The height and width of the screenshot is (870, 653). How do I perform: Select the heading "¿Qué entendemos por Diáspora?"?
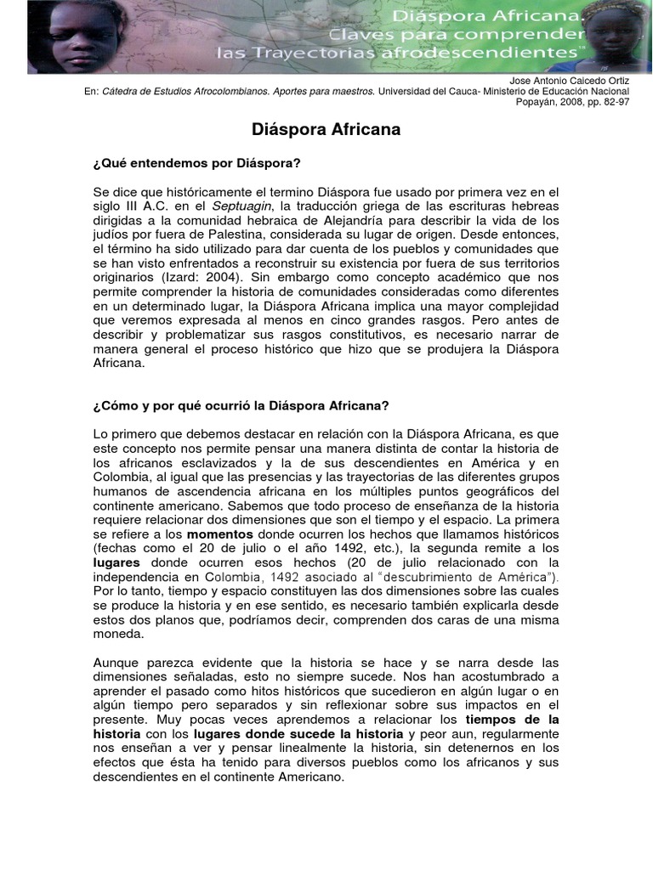point(196,161)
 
